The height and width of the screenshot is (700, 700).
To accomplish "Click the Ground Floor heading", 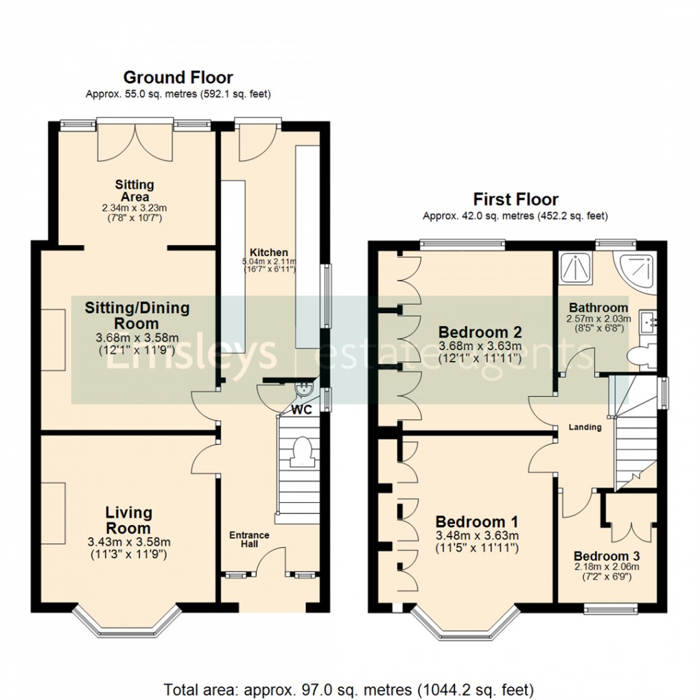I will [x=178, y=78].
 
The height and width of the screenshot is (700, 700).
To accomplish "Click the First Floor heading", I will [x=515, y=199].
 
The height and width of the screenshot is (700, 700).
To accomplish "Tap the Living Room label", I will [x=129, y=520].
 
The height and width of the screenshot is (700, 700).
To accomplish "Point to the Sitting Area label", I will [x=135, y=191].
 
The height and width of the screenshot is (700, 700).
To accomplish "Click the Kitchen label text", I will [x=268, y=252].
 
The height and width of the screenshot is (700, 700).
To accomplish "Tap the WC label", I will [x=302, y=410].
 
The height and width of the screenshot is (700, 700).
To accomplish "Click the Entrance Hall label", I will [x=249, y=540].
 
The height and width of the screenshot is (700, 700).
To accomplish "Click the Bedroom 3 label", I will [x=601, y=556].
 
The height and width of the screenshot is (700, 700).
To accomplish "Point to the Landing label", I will [x=585, y=427].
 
